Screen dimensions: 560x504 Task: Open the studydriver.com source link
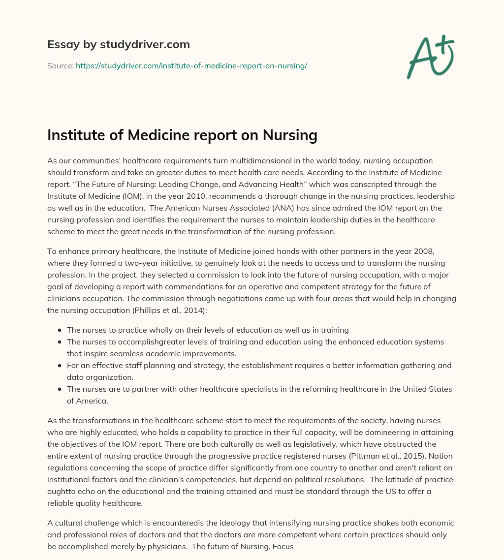tap(191, 65)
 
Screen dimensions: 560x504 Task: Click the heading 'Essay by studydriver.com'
tap(118, 44)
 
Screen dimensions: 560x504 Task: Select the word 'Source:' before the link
tap(61, 65)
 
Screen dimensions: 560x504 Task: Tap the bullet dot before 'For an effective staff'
tap(60, 366)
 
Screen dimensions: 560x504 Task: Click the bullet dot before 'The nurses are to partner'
tap(60, 389)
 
